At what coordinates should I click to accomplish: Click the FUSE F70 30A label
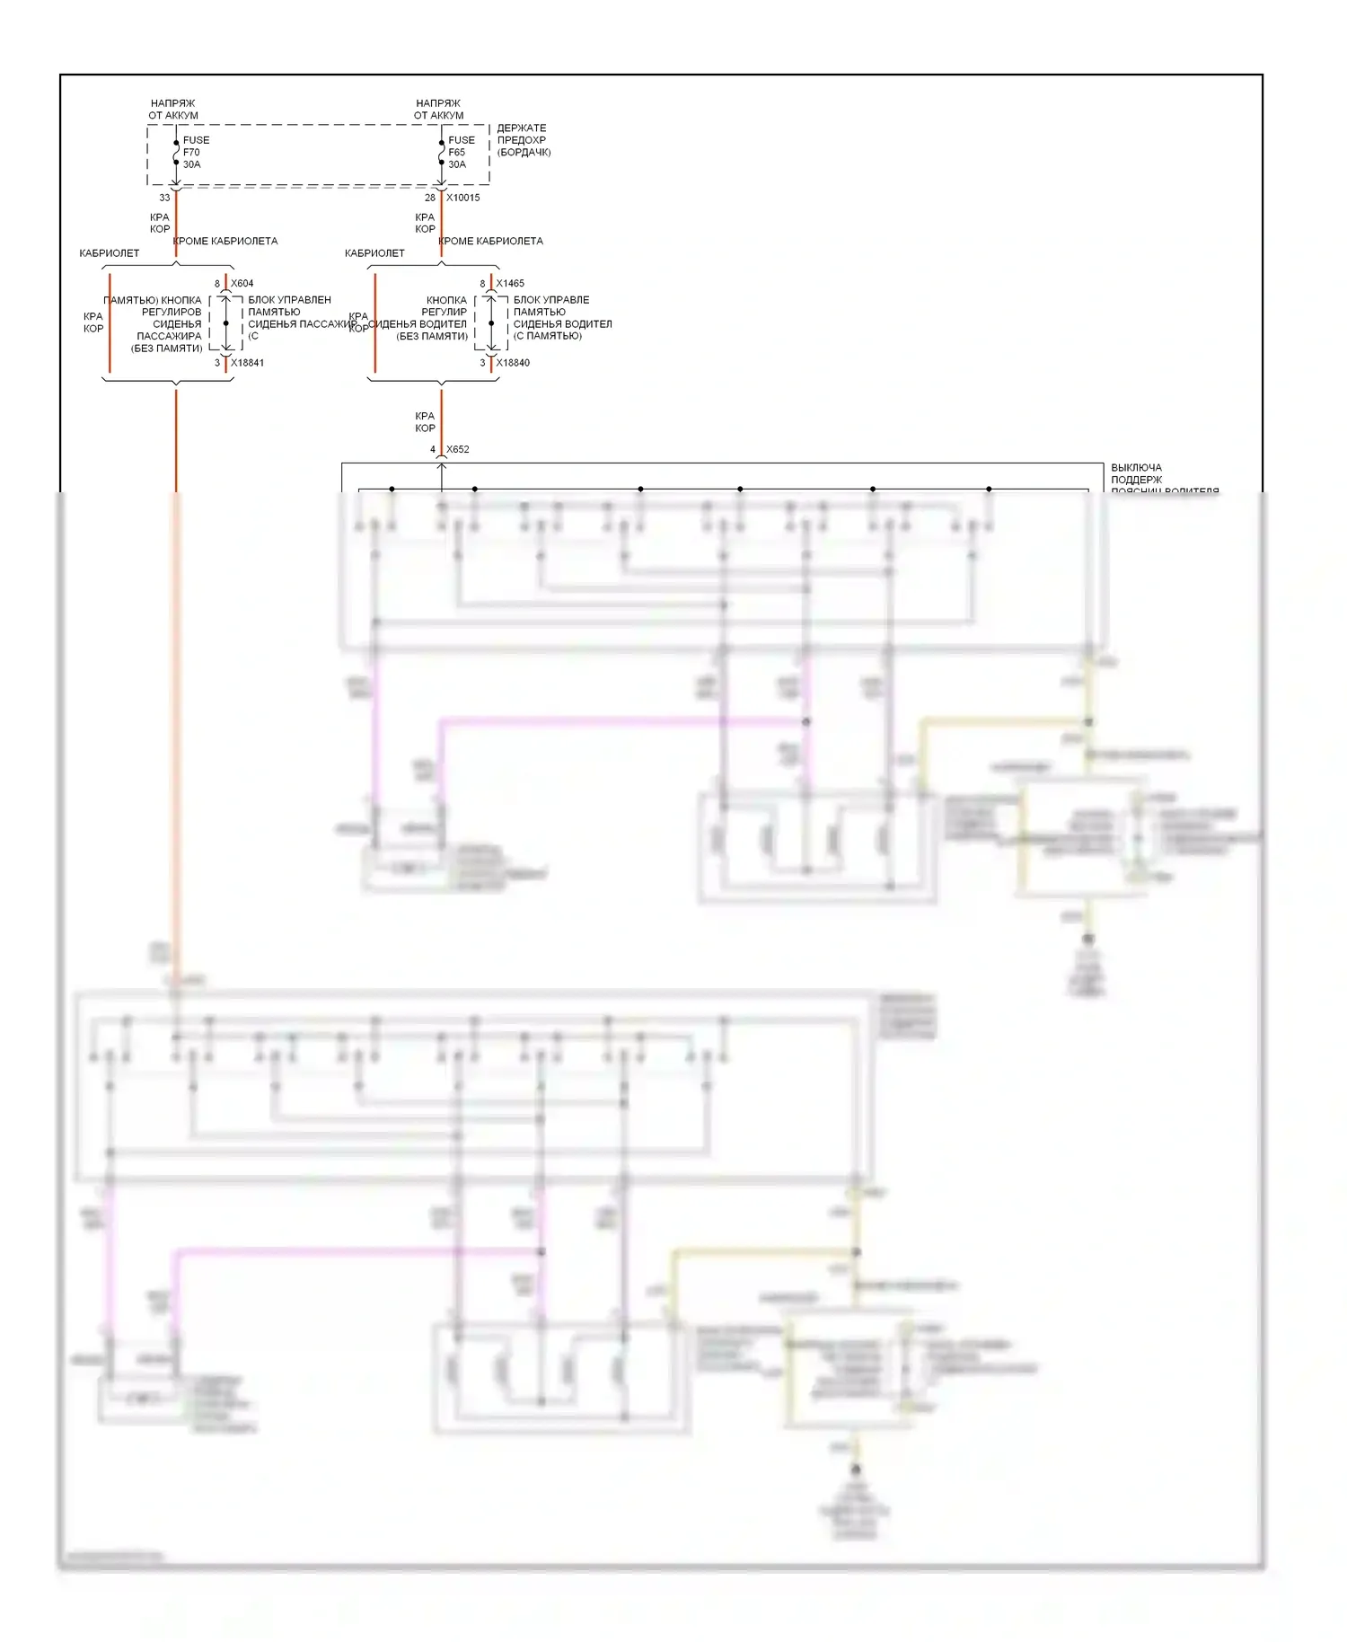click(195, 153)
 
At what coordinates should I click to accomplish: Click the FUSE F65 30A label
click(461, 153)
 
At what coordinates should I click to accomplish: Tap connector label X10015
click(463, 198)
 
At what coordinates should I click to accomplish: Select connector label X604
click(242, 283)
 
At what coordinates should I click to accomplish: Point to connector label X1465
click(510, 283)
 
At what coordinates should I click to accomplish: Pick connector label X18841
click(247, 363)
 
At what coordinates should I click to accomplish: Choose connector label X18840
click(513, 363)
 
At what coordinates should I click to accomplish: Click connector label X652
click(458, 449)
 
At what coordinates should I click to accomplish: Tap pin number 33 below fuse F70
click(164, 198)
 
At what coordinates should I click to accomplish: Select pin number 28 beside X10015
click(430, 198)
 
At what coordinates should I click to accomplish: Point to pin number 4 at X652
click(433, 449)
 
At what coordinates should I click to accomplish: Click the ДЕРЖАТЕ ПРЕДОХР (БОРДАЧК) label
click(524, 140)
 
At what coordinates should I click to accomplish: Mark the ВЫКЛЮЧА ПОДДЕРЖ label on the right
click(1137, 473)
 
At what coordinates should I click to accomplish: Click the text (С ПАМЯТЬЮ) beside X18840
click(548, 336)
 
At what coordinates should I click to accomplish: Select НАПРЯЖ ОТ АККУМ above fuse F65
click(438, 110)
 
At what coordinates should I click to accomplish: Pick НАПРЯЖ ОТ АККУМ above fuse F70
click(173, 110)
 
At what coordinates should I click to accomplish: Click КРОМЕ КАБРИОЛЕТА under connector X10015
click(491, 241)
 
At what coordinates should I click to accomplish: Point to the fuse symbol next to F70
click(176, 153)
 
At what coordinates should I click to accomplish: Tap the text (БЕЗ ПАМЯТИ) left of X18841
click(167, 349)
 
